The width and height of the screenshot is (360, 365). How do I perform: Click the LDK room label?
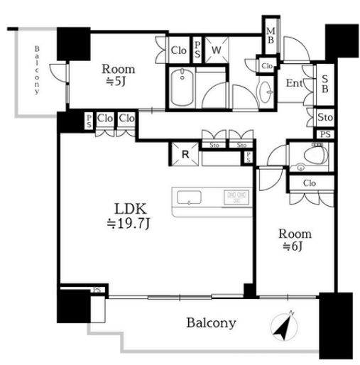pyautogui.click(x=129, y=216)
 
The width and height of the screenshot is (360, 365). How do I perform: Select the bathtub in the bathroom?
pyautogui.click(x=182, y=87)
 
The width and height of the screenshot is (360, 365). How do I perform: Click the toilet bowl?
pyautogui.click(x=315, y=156)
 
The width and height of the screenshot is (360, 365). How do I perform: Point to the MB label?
pyautogui.click(x=271, y=36)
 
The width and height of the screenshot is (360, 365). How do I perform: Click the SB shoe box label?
pyautogui.click(x=325, y=84)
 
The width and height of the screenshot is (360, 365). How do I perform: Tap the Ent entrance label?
pyautogui.click(x=295, y=83)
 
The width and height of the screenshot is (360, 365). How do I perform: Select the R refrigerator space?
pyautogui.click(x=185, y=154)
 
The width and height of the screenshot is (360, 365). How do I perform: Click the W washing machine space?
pyautogui.click(x=217, y=50)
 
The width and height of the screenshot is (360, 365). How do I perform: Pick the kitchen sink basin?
pyautogui.click(x=189, y=197)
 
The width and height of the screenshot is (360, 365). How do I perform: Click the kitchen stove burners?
pyautogui.click(x=236, y=197)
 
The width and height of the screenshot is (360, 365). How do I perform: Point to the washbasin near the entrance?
pyautogui.click(x=266, y=92)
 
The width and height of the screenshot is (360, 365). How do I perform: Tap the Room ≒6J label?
pyautogui.click(x=295, y=240)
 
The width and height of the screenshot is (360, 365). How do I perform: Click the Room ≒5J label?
pyautogui.click(x=119, y=75)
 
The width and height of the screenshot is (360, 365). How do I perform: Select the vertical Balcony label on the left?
pyautogui.click(x=37, y=70)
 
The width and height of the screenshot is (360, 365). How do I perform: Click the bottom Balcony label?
pyautogui.click(x=211, y=323)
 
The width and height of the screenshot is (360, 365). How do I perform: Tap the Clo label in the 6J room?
pyautogui.click(x=310, y=183)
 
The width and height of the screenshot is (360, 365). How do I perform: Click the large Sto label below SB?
pyautogui.click(x=325, y=117)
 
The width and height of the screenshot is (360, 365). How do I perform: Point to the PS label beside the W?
pyautogui.click(x=197, y=50)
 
